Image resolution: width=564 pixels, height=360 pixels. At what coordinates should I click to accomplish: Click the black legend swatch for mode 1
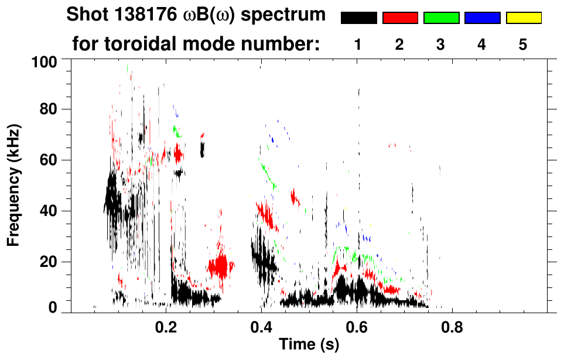pos(358,18)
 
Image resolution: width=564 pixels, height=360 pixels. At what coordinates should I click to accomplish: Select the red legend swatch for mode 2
pos(400,18)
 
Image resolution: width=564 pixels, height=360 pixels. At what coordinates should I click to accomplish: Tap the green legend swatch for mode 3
pos(441,18)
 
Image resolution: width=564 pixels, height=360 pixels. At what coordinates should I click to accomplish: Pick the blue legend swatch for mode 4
pos(482,18)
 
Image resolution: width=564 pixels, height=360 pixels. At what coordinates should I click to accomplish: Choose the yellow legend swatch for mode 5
pos(524,18)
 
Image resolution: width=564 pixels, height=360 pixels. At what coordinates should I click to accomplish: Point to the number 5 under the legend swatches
pos(524,44)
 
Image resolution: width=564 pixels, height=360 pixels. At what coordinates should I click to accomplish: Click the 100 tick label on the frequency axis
pos(44,61)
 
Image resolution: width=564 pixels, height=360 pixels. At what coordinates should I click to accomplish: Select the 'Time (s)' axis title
pos(309,345)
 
